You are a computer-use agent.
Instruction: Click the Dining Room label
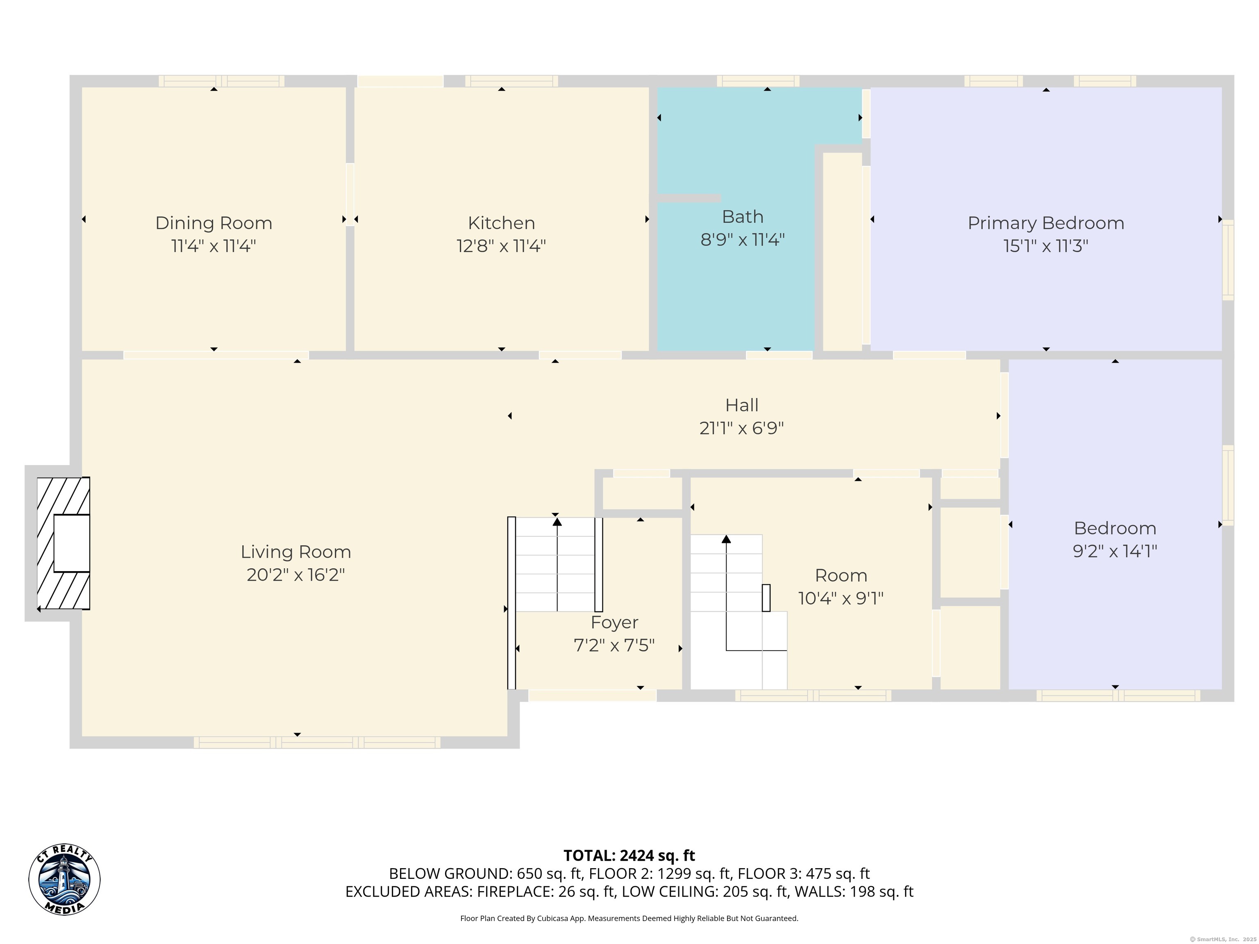click(214, 223)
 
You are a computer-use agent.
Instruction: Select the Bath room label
click(742, 217)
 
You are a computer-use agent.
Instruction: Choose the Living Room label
click(295, 552)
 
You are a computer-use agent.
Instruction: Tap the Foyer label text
click(614, 622)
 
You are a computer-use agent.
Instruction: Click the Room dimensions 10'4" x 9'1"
click(841, 599)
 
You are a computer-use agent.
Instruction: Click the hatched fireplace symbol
click(63, 543)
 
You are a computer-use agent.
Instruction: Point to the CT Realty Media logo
click(64, 880)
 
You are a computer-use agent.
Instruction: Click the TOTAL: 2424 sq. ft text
click(629, 856)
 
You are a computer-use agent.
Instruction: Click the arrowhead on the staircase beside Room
click(726, 539)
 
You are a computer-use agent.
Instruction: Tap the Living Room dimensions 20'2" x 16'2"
click(295, 575)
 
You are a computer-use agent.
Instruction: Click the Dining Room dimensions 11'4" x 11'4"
click(214, 246)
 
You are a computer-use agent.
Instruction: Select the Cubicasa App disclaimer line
click(629, 919)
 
